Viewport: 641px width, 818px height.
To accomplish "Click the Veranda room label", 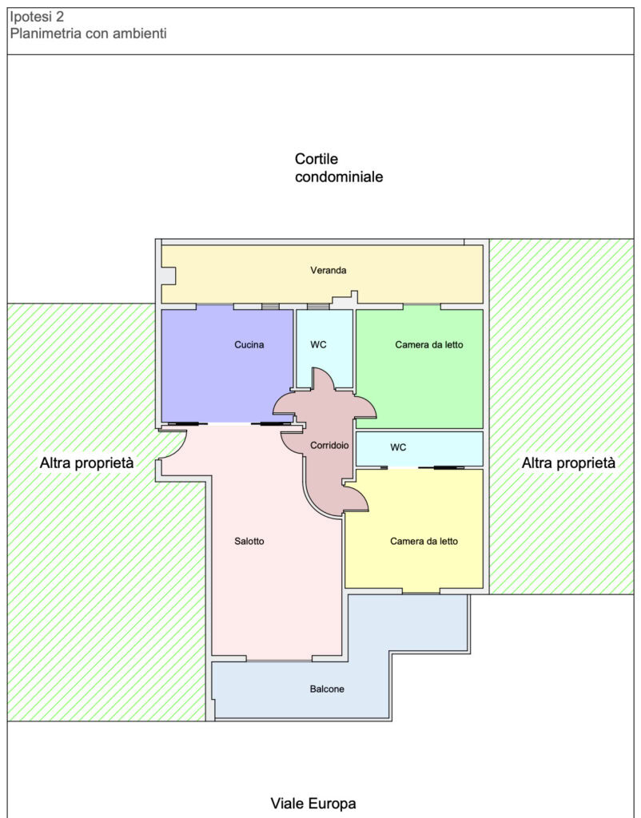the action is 328,270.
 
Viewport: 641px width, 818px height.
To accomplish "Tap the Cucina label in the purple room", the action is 249,344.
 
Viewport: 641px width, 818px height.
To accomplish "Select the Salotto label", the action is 249,541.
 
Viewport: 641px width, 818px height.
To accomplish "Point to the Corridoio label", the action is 329,446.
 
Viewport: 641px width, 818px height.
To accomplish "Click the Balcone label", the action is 327,689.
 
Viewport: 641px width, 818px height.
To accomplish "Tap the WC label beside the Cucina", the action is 318,344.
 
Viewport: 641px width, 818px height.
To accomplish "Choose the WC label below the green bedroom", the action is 398,447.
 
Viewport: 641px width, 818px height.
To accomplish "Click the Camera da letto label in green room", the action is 429,344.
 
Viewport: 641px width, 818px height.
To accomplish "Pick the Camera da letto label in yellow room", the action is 424,541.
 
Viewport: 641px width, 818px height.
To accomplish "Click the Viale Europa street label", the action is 313,803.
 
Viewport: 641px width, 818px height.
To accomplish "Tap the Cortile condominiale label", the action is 339,168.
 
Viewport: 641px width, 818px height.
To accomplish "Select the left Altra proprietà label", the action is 86,463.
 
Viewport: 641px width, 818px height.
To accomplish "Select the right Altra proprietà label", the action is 568,463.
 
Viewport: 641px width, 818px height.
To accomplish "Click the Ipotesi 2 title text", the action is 37,17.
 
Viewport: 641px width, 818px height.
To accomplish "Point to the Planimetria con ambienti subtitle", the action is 88,34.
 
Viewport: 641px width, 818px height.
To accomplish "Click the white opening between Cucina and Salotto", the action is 229,424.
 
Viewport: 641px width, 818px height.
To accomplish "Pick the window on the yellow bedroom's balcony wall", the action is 421,592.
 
